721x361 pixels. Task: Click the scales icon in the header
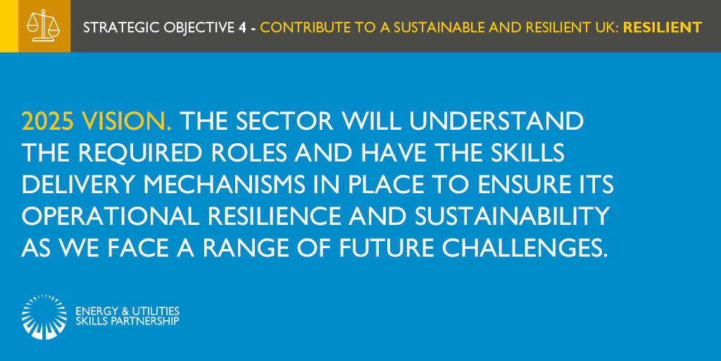[43, 26]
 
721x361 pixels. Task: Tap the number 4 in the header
[242, 27]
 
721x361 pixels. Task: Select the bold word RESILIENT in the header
[662, 27]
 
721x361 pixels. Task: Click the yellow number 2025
[49, 122]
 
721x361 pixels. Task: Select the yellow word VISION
[127, 122]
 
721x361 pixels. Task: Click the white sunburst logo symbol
[44, 317]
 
